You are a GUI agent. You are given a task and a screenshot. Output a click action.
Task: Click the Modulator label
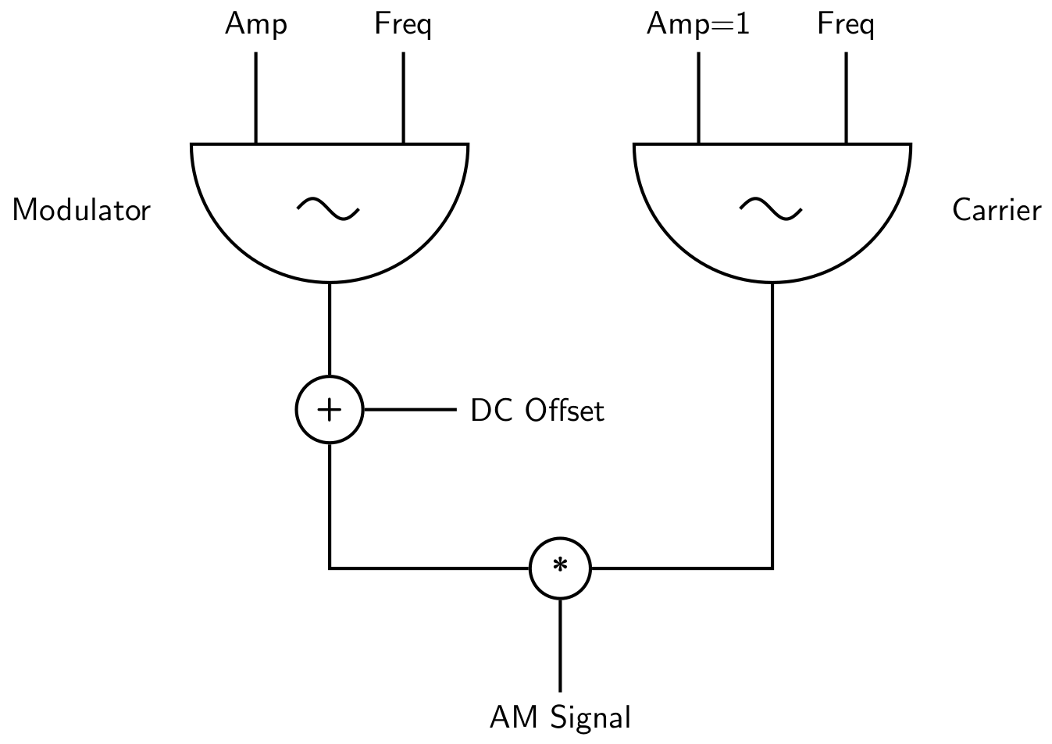pyautogui.click(x=81, y=211)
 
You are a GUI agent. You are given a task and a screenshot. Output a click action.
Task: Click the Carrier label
pyautogui.click(x=997, y=211)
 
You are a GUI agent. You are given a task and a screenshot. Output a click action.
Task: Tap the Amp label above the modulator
pyautogui.click(x=256, y=25)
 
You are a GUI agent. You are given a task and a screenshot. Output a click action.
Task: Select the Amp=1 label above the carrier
pyautogui.click(x=697, y=25)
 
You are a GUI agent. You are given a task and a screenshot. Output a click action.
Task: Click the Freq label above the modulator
pyautogui.click(x=403, y=25)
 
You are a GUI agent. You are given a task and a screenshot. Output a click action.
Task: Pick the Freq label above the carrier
pyautogui.click(x=845, y=25)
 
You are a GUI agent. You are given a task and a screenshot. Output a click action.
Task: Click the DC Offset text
pyautogui.click(x=537, y=411)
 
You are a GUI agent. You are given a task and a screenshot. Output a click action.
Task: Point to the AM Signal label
pyautogui.click(x=560, y=717)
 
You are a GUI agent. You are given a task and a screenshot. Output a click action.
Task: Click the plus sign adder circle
pyautogui.click(x=330, y=410)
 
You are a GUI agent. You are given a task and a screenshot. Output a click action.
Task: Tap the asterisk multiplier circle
pyautogui.click(x=560, y=568)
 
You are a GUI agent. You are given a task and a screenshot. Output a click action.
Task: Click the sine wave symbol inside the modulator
pyautogui.click(x=329, y=208)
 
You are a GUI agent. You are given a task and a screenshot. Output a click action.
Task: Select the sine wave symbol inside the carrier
pyautogui.click(x=771, y=208)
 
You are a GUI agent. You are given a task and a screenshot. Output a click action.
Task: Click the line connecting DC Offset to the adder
pyautogui.click(x=409, y=410)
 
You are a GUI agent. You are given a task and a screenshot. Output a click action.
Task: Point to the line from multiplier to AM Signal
pyautogui.click(x=560, y=644)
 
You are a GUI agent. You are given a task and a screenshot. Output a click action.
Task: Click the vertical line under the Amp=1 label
pyautogui.click(x=698, y=98)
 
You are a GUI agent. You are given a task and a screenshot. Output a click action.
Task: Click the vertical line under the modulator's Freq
pyautogui.click(x=403, y=98)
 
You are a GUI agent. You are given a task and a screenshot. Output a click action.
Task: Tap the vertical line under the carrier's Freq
pyautogui.click(x=846, y=98)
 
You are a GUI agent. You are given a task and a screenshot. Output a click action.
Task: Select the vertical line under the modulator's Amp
pyautogui.click(x=255, y=98)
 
